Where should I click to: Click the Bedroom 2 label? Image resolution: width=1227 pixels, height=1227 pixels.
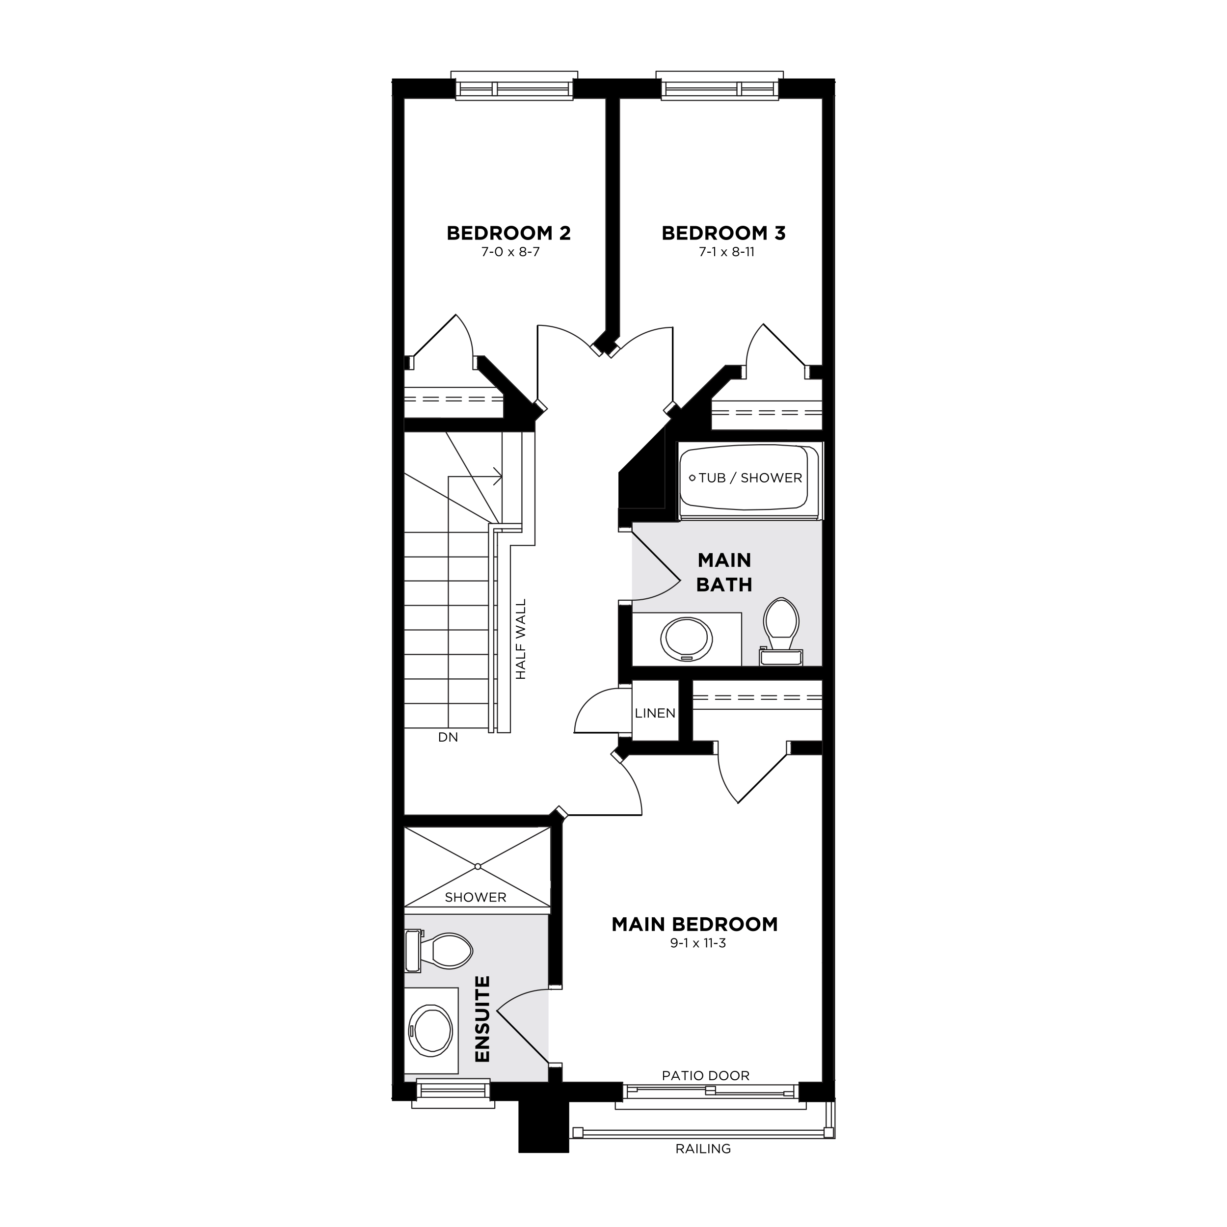point(508,233)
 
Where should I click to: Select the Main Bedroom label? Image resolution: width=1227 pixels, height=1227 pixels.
point(694,924)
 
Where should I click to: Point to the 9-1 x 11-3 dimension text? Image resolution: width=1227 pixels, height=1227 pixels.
point(698,943)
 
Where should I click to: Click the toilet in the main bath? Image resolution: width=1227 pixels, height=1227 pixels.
point(780,622)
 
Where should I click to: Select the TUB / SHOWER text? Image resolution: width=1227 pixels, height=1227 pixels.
point(750,478)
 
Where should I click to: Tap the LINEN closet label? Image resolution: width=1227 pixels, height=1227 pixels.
point(655,713)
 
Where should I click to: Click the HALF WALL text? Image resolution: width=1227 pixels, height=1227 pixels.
point(521,639)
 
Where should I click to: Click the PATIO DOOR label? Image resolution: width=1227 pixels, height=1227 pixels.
point(706,1075)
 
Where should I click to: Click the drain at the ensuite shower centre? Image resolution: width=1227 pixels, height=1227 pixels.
point(478,866)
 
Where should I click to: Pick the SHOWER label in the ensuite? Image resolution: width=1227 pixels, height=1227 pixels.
point(475,897)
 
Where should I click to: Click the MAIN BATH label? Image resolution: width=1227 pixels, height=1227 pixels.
point(724,572)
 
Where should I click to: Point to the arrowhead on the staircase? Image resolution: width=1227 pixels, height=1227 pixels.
point(499,476)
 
